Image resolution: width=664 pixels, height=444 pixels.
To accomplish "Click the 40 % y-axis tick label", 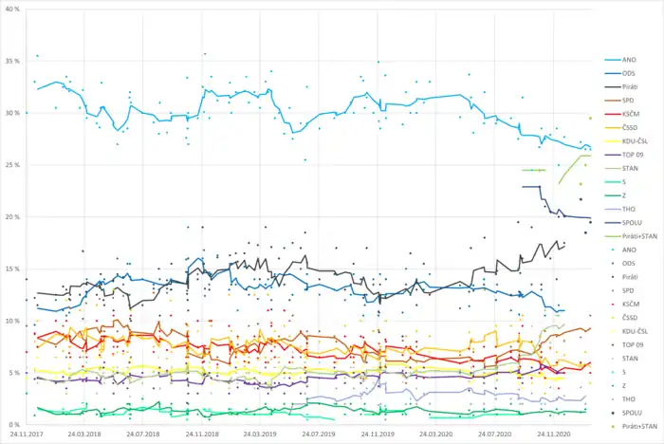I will tap(13, 9).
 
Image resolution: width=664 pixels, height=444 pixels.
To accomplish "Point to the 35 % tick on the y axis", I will tap(13, 61).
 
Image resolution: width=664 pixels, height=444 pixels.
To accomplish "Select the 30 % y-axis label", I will tap(13, 113).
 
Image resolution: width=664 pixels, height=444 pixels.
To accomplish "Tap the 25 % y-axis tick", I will tap(13, 165).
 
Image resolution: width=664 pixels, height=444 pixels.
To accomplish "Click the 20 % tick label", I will tap(13, 217).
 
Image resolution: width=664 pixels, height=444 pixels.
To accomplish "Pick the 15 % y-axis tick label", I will tap(13, 269).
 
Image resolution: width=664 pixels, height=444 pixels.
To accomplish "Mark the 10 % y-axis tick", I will tap(13, 321).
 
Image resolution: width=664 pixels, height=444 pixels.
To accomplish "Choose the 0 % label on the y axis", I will tap(14, 425).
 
